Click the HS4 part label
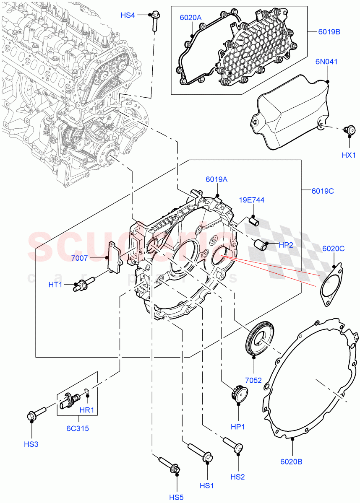128,15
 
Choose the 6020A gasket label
191,18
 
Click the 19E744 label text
252,200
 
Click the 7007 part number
79,258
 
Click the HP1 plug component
238,395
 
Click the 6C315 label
78,428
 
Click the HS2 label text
238,477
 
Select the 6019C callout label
323,191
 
